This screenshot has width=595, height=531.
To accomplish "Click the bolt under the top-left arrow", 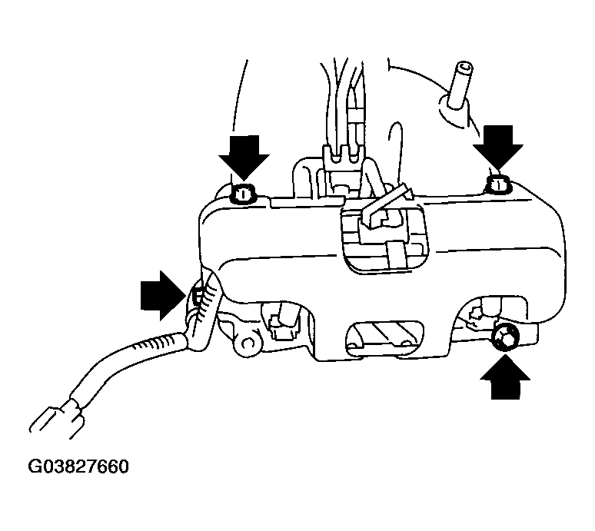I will [x=243, y=194].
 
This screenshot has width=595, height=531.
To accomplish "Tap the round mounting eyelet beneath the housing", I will [x=248, y=343].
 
